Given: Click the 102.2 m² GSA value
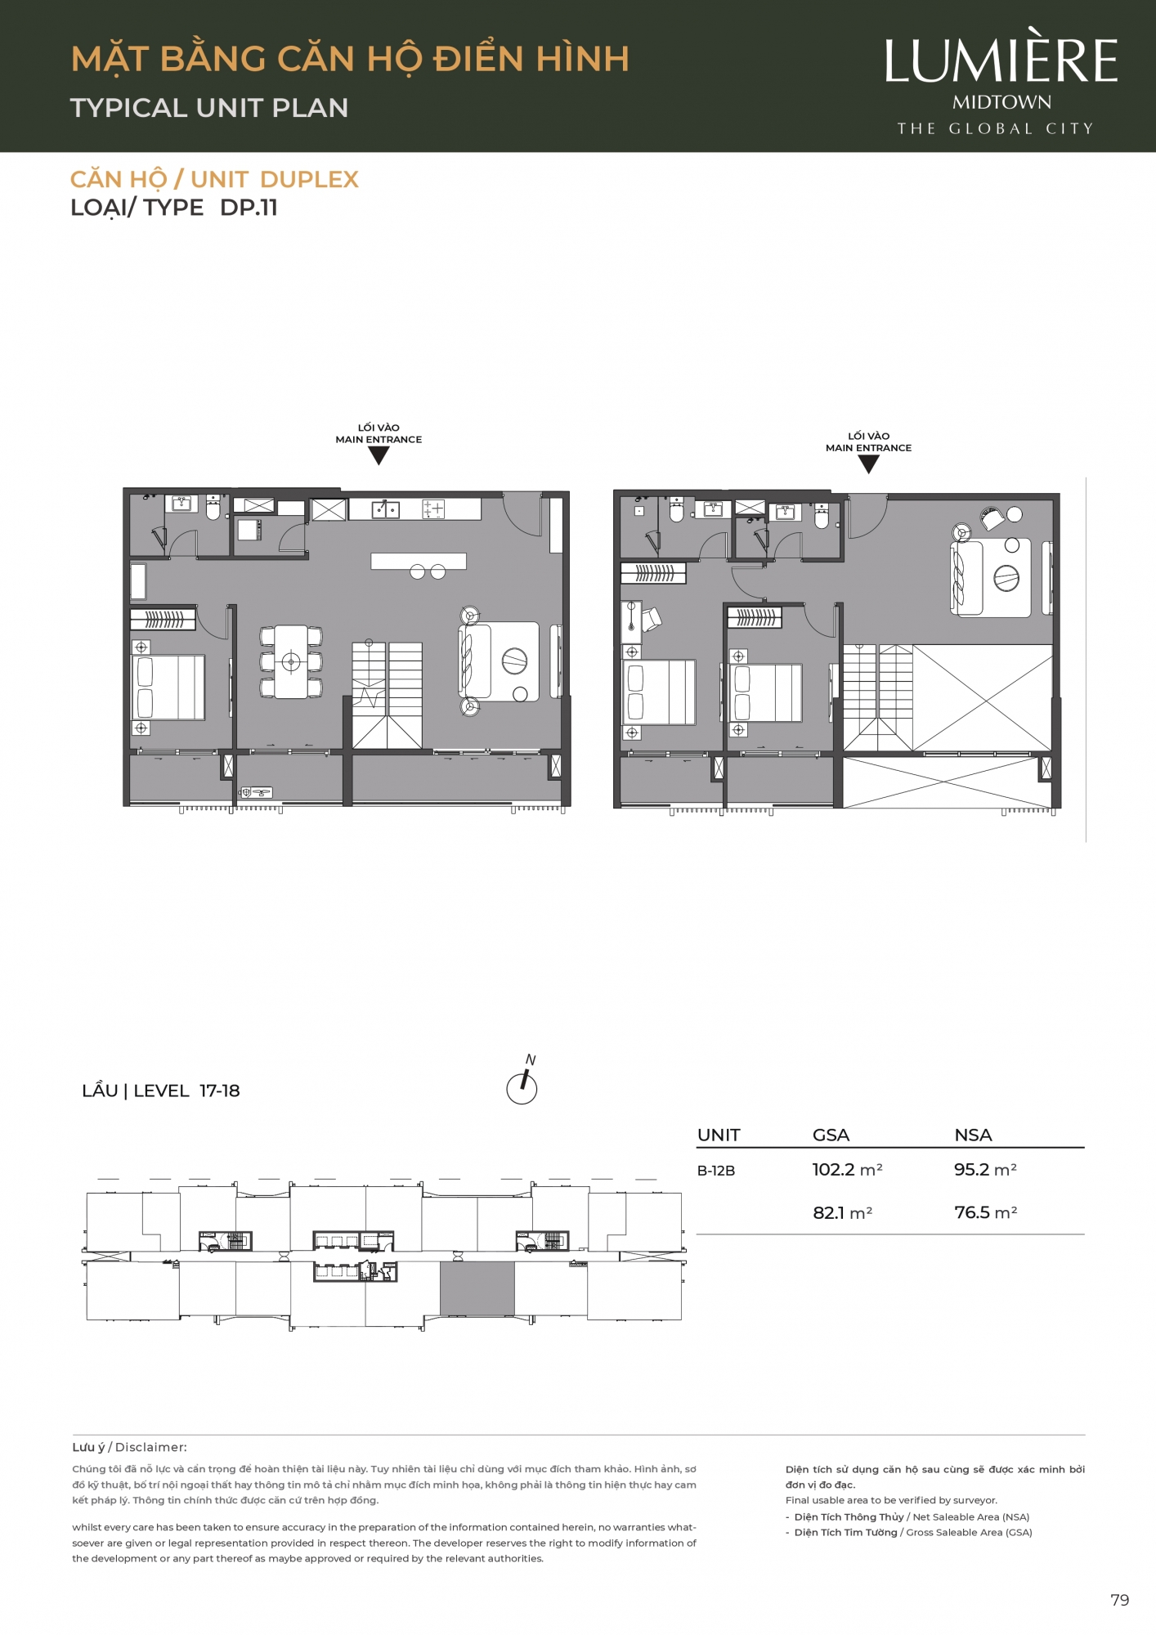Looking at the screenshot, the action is (x=847, y=1170).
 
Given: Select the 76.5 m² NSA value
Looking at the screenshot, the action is (x=985, y=1212).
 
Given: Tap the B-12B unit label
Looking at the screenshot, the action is (x=716, y=1171).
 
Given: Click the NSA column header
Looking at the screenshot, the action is (x=973, y=1135).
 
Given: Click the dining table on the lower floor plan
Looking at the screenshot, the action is (x=291, y=661).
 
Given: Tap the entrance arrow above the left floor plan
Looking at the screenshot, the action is (x=379, y=456).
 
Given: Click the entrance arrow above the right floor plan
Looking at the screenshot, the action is (x=868, y=464).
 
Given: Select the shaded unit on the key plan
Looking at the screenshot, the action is (x=477, y=1288).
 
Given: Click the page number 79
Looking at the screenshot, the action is (x=1120, y=1600).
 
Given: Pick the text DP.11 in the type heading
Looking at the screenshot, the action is (x=249, y=208).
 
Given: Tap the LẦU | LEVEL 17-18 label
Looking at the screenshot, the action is (x=161, y=1091).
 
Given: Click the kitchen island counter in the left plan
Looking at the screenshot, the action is (x=419, y=561).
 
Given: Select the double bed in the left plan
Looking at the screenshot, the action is (x=168, y=688).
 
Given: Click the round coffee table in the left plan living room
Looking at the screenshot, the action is (x=515, y=661).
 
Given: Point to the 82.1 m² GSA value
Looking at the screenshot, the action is (x=842, y=1212).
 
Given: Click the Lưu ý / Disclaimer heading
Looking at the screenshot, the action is (x=129, y=1447).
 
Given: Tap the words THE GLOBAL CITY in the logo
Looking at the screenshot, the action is (x=995, y=128).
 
